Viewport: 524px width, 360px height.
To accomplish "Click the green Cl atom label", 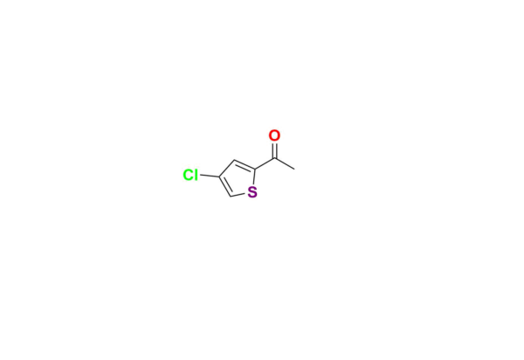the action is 190,175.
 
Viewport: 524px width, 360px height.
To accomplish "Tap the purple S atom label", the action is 252,192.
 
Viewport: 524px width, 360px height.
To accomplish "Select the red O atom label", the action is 274,135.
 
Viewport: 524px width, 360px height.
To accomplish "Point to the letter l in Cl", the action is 196,175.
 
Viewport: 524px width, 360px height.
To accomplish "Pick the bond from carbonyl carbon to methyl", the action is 285,163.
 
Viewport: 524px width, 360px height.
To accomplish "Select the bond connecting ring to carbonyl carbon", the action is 265,163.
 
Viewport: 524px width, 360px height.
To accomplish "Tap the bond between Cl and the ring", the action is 210,175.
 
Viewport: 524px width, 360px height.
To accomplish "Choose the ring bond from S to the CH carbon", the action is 238,195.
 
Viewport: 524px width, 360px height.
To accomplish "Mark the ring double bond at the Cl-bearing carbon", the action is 225,186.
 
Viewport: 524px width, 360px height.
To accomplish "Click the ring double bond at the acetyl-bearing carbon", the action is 245,165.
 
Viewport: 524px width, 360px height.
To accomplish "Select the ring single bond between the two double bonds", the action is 226,168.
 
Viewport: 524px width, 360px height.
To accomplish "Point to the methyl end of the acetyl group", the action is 294,170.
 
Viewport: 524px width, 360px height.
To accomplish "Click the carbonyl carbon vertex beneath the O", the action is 275,158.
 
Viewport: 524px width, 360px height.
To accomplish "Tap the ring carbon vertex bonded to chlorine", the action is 219,177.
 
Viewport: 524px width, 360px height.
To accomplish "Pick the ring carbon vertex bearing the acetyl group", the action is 255,170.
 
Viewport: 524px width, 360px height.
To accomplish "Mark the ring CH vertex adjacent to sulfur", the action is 231,197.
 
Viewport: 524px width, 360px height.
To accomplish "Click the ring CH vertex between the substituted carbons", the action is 234,160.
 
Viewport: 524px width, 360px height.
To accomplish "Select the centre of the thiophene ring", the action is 238,179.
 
